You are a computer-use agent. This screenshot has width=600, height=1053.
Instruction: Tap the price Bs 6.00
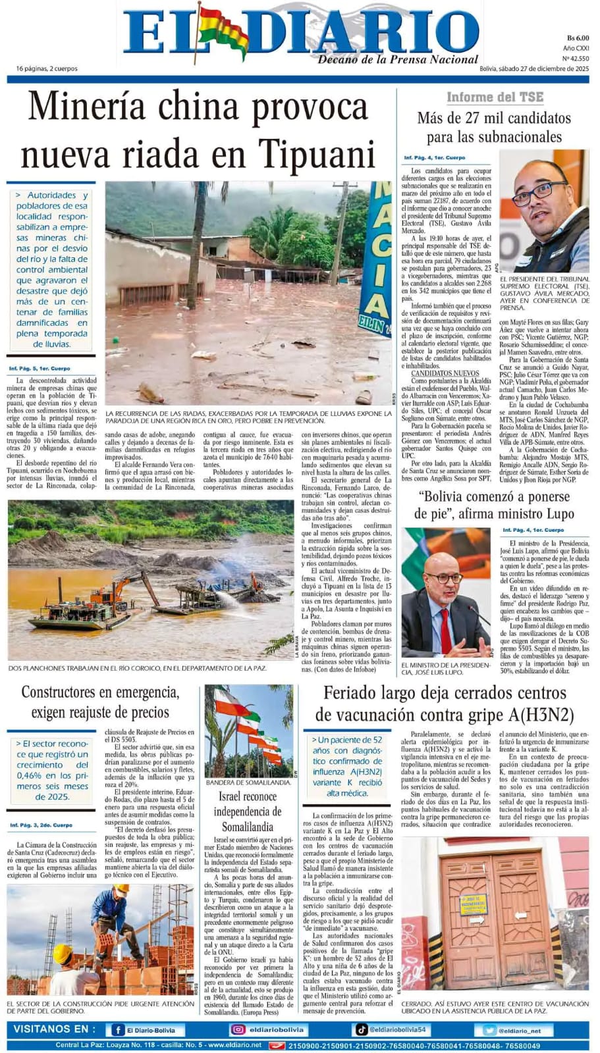click(x=577, y=38)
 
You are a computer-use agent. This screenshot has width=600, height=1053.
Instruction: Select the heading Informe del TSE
click(x=495, y=97)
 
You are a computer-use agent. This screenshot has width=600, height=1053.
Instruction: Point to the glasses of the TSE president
click(x=539, y=195)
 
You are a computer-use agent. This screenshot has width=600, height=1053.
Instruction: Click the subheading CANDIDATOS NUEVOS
click(x=445, y=373)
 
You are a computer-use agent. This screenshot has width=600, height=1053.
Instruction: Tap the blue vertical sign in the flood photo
click(x=375, y=257)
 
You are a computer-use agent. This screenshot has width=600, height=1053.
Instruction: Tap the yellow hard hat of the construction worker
click(x=63, y=953)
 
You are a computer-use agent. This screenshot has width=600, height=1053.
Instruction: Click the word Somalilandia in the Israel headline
click(x=247, y=827)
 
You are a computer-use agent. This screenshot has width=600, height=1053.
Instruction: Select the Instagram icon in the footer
click(x=238, y=1030)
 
